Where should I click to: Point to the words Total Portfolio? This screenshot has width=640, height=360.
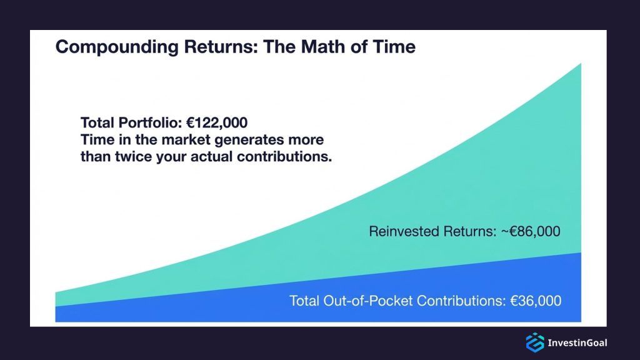(x=131, y=122)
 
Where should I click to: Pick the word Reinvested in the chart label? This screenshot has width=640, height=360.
(x=403, y=232)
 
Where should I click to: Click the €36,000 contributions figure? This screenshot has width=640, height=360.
(x=535, y=301)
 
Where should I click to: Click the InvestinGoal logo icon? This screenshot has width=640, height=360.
(x=534, y=342)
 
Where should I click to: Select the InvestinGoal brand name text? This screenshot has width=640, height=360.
(x=577, y=342)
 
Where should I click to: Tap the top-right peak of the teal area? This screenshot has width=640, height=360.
(x=579, y=66)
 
